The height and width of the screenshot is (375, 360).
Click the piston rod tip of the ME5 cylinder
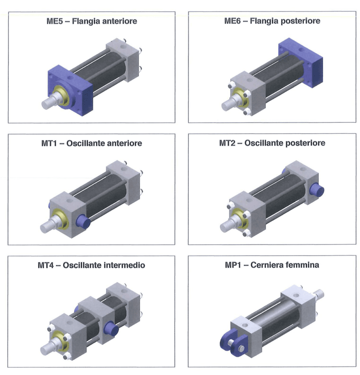(46, 104)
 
